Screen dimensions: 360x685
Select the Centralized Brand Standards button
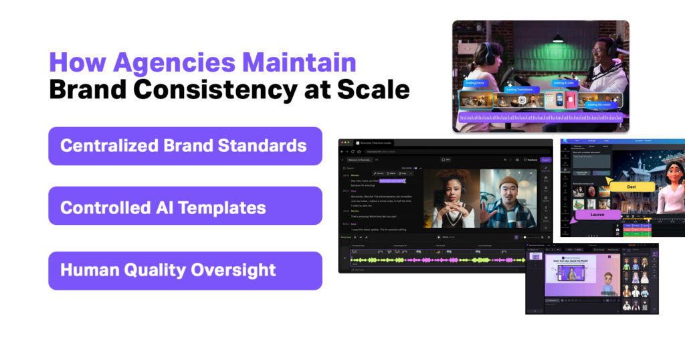click(185, 146)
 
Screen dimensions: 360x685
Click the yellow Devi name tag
click(631, 187)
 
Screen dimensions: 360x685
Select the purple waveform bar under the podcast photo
click(541, 118)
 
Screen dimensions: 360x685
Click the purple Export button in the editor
click(546, 160)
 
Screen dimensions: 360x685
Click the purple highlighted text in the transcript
click(393, 181)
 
